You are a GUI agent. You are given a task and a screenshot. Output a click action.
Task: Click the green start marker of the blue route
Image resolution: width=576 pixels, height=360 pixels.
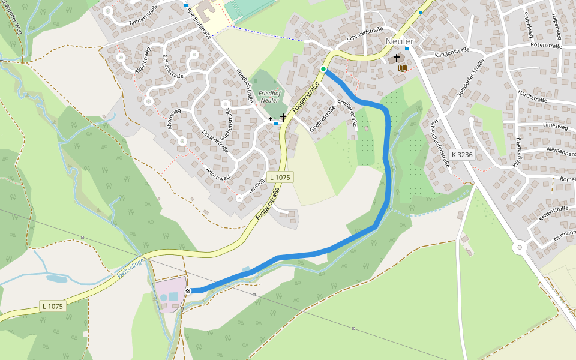(323, 70)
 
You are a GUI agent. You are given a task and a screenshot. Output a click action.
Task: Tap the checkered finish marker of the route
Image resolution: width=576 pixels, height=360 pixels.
(188, 291)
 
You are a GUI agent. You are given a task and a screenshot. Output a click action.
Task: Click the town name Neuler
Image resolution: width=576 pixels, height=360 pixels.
(400, 41)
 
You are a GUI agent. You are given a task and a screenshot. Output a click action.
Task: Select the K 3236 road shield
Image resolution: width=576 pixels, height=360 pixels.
(462, 155)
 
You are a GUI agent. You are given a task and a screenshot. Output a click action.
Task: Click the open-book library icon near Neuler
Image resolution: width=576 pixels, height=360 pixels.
(402, 68)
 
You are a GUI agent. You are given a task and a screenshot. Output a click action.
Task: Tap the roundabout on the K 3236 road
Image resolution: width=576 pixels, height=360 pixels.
(520, 247)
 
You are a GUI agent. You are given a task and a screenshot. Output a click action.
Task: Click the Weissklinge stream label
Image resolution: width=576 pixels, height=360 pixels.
(131, 268)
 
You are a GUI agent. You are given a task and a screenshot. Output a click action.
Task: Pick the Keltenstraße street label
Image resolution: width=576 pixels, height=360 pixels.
(553, 212)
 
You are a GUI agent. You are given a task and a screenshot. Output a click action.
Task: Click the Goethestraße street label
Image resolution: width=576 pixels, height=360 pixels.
(322, 118)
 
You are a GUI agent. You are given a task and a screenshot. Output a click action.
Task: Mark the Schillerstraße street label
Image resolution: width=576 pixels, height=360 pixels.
(347, 114)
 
